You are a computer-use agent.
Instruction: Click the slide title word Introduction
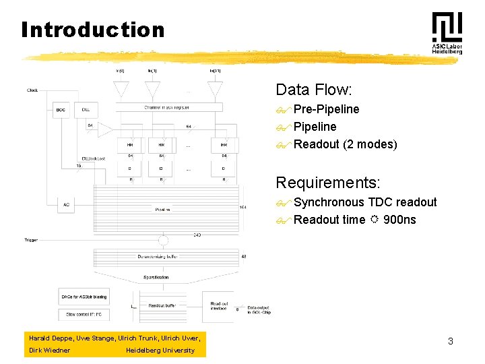click(x=93, y=30)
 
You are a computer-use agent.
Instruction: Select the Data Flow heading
click(x=314, y=90)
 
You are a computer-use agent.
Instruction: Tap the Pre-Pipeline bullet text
click(x=327, y=109)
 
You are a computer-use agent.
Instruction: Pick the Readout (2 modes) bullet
click(x=346, y=144)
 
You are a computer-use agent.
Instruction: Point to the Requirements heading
click(x=328, y=183)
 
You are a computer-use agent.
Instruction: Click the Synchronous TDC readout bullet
click(x=365, y=202)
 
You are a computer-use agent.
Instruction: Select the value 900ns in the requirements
click(x=399, y=220)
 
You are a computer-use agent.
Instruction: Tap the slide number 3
click(x=451, y=341)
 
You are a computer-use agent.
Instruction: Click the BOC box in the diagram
click(x=62, y=110)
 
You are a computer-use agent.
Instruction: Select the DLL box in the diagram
click(x=86, y=110)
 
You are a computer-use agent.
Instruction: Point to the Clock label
click(x=32, y=90)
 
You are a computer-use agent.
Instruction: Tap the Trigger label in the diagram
click(x=30, y=240)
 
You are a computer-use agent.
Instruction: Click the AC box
click(x=66, y=205)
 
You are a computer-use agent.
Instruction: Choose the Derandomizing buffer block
click(x=164, y=257)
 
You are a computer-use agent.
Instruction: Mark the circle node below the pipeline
click(x=163, y=240)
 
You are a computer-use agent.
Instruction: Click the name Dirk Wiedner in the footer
click(x=49, y=350)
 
